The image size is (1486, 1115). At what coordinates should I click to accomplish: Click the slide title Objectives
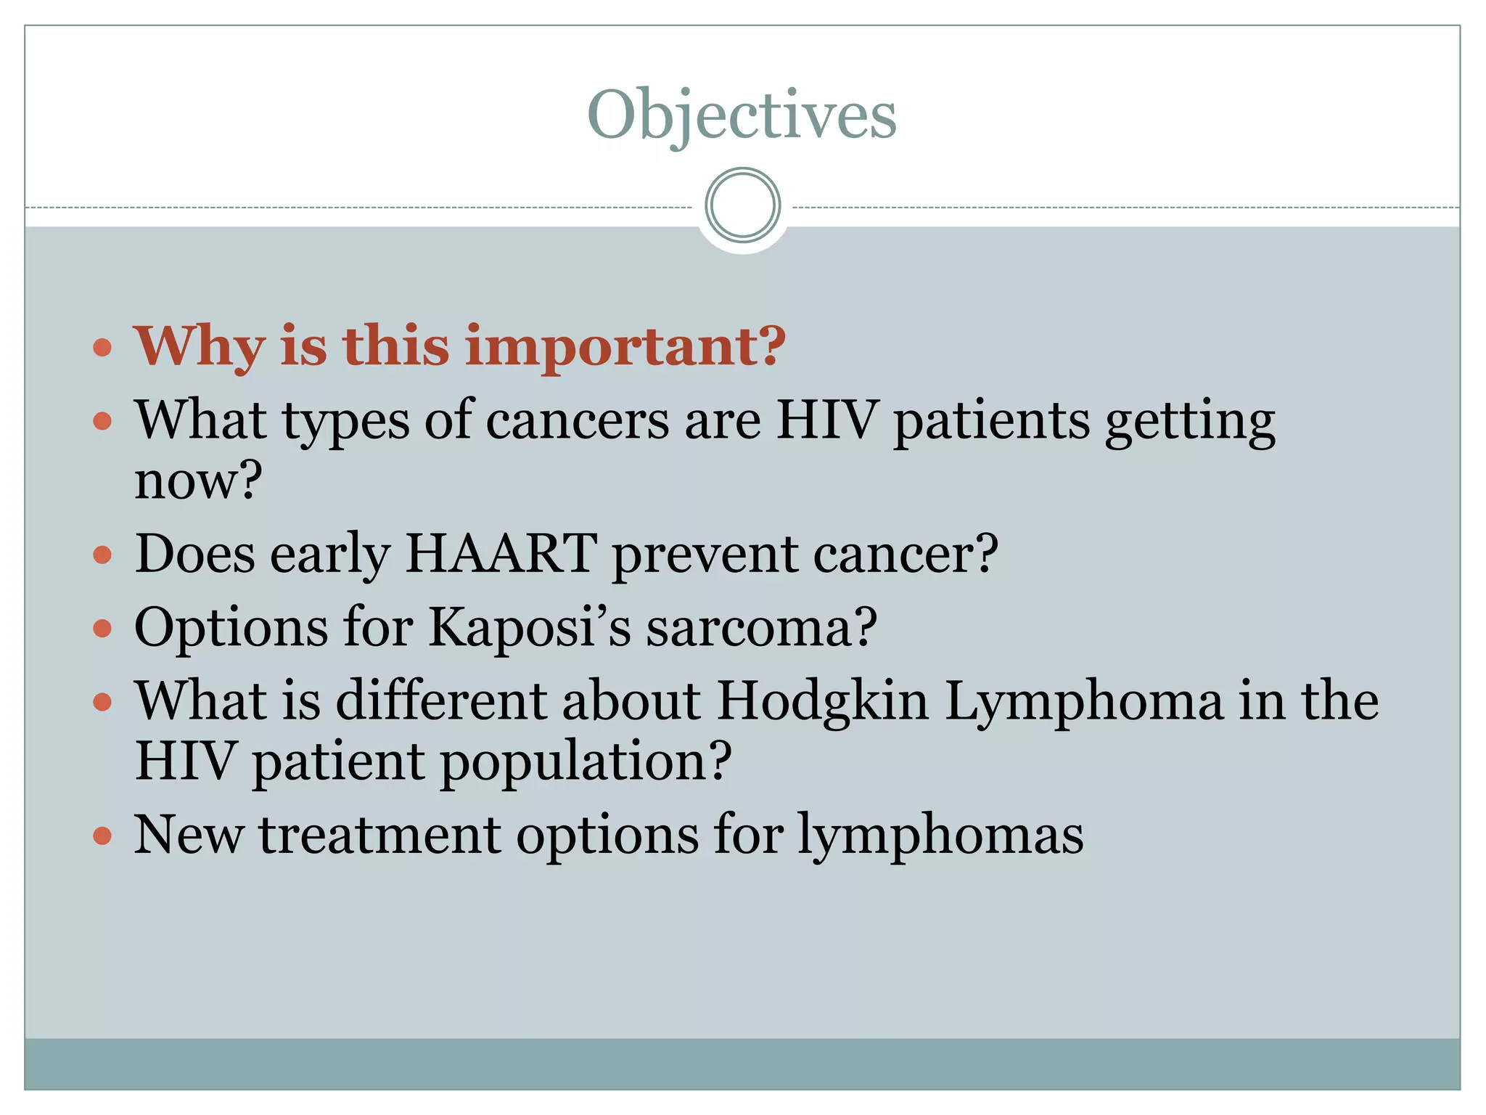click(x=742, y=115)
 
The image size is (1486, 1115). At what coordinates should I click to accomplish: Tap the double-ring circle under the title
click(x=742, y=205)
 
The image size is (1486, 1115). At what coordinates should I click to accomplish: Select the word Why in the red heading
click(x=200, y=347)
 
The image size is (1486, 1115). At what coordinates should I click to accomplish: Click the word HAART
click(x=501, y=554)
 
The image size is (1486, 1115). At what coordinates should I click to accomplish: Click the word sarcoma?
click(x=761, y=627)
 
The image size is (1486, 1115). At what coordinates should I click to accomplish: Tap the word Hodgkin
click(x=823, y=703)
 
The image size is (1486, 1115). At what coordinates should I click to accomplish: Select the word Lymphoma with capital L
click(x=1084, y=703)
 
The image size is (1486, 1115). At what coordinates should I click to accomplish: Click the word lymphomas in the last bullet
click(x=940, y=836)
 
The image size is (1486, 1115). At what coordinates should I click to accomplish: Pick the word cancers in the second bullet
click(x=577, y=421)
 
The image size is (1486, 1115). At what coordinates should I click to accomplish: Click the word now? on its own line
click(x=197, y=481)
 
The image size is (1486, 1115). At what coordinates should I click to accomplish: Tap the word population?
click(x=586, y=762)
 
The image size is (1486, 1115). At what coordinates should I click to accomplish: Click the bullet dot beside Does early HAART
click(x=103, y=555)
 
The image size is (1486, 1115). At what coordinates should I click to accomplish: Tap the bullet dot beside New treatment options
click(x=103, y=836)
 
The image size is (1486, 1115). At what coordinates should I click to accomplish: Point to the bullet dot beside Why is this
click(x=103, y=347)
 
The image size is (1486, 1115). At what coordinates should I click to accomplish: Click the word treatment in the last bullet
click(x=380, y=836)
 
